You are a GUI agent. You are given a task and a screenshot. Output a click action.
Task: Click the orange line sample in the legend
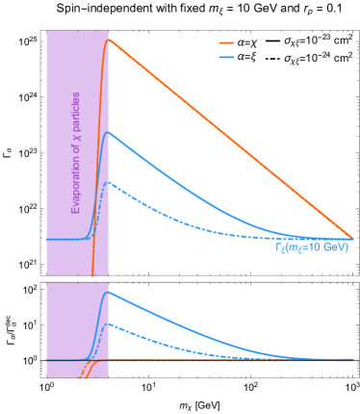226,43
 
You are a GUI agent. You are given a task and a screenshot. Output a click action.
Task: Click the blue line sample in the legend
226,58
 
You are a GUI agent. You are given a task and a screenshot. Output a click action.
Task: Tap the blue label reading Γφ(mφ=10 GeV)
311,248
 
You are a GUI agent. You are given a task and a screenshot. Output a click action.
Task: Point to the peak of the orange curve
109,39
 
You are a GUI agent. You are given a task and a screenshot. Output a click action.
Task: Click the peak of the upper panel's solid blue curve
109,132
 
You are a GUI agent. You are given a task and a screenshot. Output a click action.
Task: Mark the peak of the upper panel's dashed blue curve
109,182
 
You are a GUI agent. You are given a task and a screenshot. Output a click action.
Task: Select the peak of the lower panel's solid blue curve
109,292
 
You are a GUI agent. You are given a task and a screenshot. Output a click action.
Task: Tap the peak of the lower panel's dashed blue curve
109,323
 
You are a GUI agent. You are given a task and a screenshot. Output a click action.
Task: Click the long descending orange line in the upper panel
231,140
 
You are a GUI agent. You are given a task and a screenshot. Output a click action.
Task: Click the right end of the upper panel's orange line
352,238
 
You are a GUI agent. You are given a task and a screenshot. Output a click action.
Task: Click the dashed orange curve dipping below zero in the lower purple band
85,369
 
